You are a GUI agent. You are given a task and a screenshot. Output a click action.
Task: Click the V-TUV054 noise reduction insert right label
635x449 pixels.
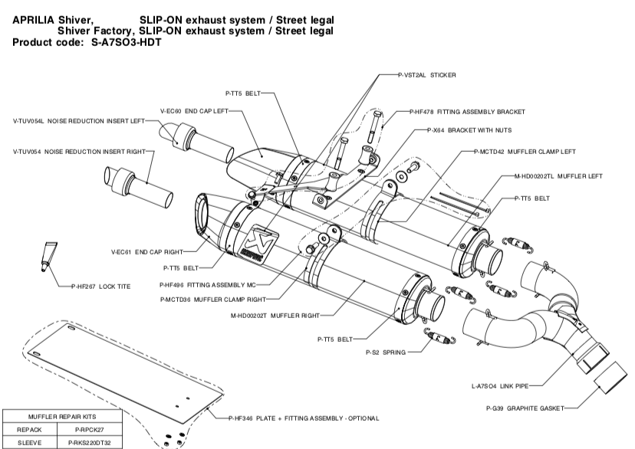79,152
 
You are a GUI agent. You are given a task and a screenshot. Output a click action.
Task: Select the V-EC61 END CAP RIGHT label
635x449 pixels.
147,251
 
